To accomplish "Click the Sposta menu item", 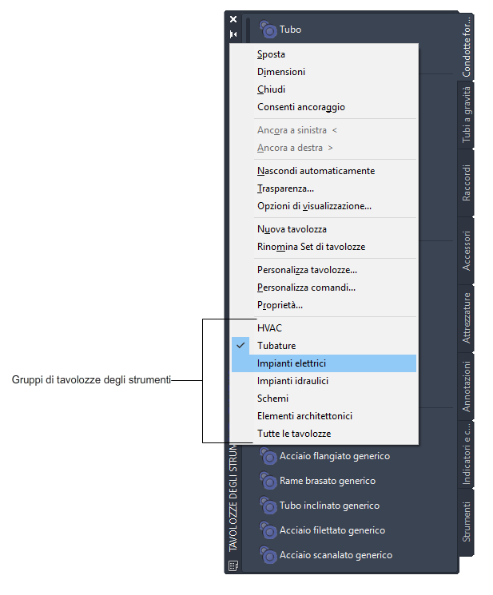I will point(272,54).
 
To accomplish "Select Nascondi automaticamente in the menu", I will point(316,171).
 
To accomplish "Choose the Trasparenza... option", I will point(285,188).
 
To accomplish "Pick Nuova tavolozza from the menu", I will point(292,229).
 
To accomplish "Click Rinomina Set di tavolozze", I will point(311,247).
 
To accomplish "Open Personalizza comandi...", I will point(306,288).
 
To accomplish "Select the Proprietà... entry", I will point(280,305).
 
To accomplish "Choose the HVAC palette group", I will point(269,328).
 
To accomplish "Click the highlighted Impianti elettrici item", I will point(292,363).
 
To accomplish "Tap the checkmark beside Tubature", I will point(241,346).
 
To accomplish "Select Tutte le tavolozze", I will point(293,434).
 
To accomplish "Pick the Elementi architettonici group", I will point(304,416).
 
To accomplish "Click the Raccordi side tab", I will point(467,182).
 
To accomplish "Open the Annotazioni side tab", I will point(467,387).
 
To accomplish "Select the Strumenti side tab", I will point(467,522).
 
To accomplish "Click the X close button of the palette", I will point(233,18).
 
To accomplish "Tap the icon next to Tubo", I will point(268,30).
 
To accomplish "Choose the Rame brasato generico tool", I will point(327,481).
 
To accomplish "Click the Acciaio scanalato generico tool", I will point(336,555).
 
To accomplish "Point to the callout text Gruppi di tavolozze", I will point(91,381).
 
